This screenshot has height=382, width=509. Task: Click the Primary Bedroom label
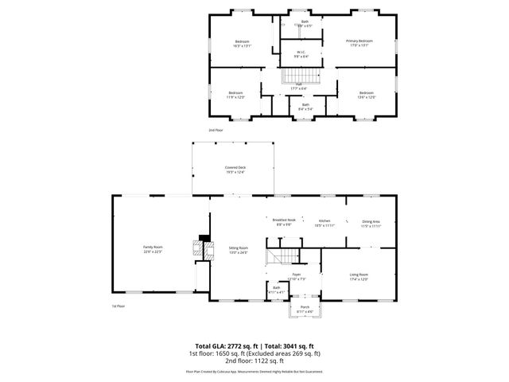(359, 43)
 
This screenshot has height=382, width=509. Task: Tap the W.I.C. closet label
(302, 55)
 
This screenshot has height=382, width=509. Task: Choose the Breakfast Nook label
(284, 222)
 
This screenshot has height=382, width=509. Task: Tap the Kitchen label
(324, 223)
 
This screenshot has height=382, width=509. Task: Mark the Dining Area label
(371, 224)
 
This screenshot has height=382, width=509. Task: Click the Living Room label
(359, 276)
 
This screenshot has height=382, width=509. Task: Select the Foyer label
(296, 276)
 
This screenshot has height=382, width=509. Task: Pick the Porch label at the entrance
(305, 308)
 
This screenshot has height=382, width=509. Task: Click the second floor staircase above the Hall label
(300, 77)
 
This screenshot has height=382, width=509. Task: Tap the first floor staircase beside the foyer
(282, 255)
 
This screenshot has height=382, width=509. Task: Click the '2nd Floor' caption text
(216, 129)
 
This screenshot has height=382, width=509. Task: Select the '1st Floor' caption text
(119, 306)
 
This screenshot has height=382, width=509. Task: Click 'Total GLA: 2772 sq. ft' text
(223, 346)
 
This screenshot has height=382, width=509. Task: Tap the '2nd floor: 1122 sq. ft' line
(254, 362)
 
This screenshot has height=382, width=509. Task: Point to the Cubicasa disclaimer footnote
(254, 371)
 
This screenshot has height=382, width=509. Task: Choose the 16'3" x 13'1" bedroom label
(242, 44)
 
